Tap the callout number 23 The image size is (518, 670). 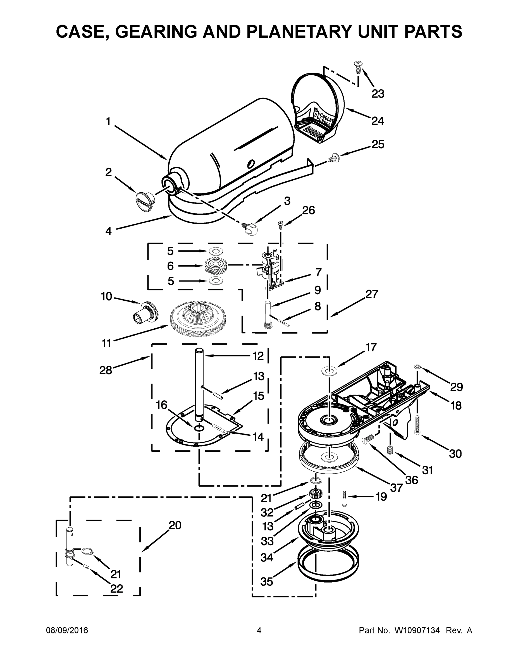pyautogui.click(x=378, y=94)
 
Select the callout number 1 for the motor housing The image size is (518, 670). pyautogui.click(x=108, y=122)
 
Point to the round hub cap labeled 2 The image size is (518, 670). pyautogui.click(x=145, y=201)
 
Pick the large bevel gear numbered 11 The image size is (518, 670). pyautogui.click(x=198, y=319)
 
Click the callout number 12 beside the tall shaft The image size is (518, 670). pyautogui.click(x=258, y=356)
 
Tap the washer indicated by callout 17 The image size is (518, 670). pyautogui.click(x=329, y=372)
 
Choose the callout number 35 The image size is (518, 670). pyautogui.click(x=266, y=581)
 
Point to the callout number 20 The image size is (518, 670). pyautogui.click(x=175, y=525)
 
